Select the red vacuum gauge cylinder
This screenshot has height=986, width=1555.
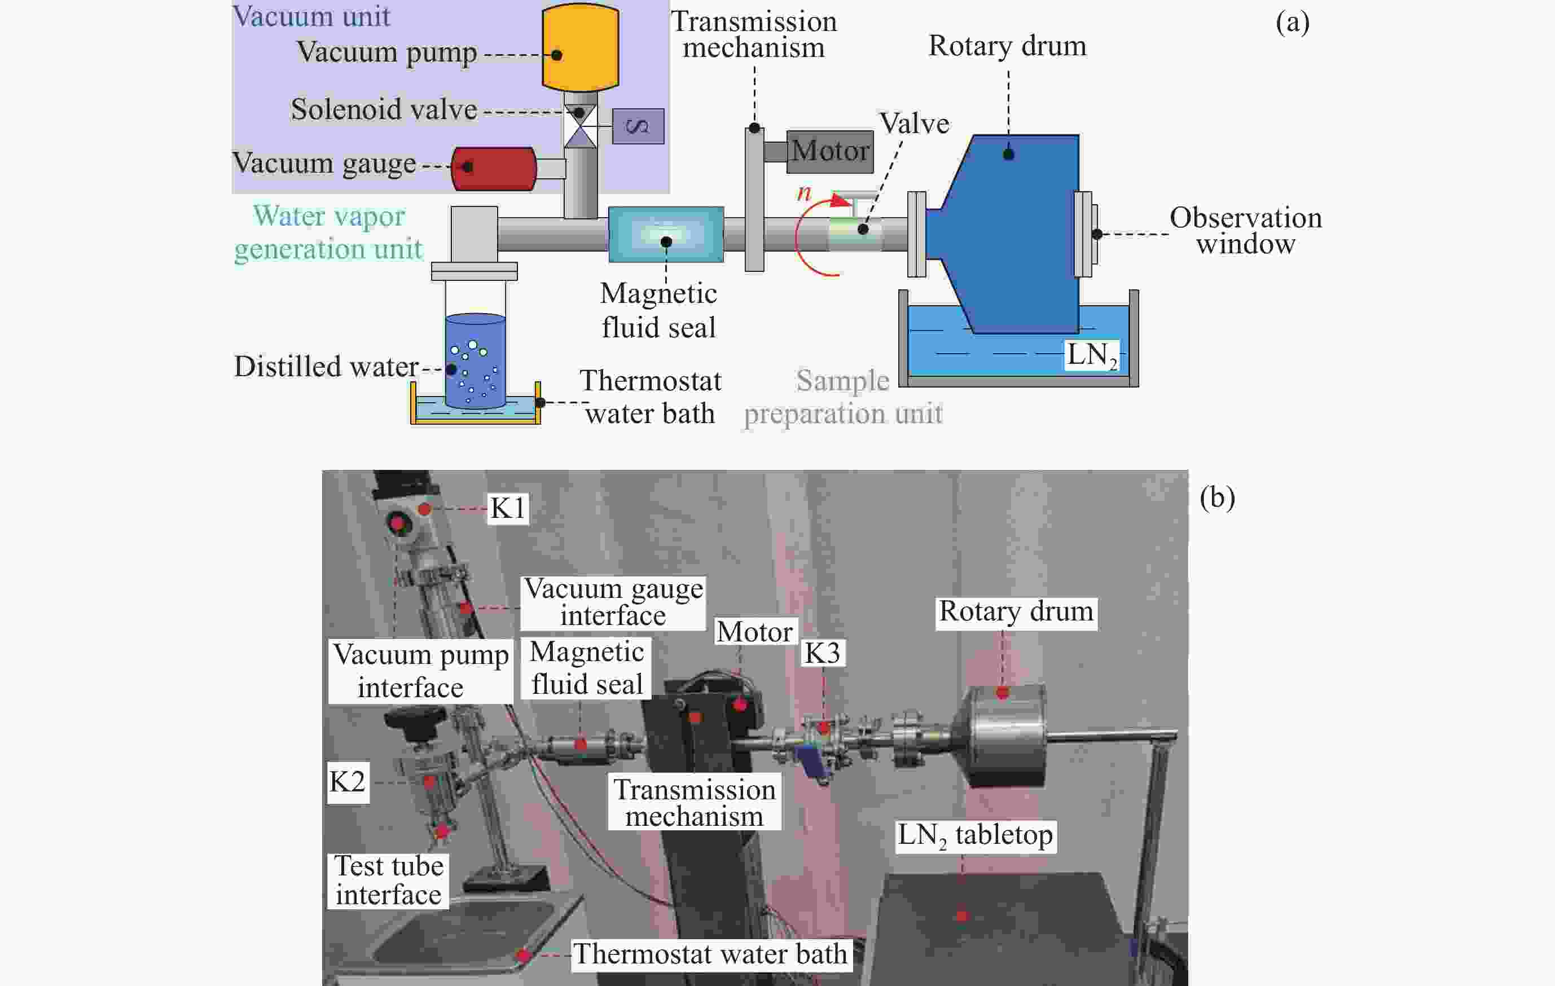point(494,169)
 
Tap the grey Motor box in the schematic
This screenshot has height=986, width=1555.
point(830,152)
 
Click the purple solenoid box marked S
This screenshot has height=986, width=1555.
point(638,126)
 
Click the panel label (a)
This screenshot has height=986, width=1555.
point(1292,23)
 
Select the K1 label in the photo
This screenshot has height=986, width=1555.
point(508,508)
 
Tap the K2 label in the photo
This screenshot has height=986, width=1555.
point(348,781)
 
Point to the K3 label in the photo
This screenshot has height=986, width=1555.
point(822,653)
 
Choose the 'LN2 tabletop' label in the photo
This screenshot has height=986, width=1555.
point(975,835)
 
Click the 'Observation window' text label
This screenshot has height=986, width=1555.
point(1245,231)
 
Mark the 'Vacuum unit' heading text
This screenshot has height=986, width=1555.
point(311,16)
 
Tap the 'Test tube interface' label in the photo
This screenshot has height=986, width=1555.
point(388,880)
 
